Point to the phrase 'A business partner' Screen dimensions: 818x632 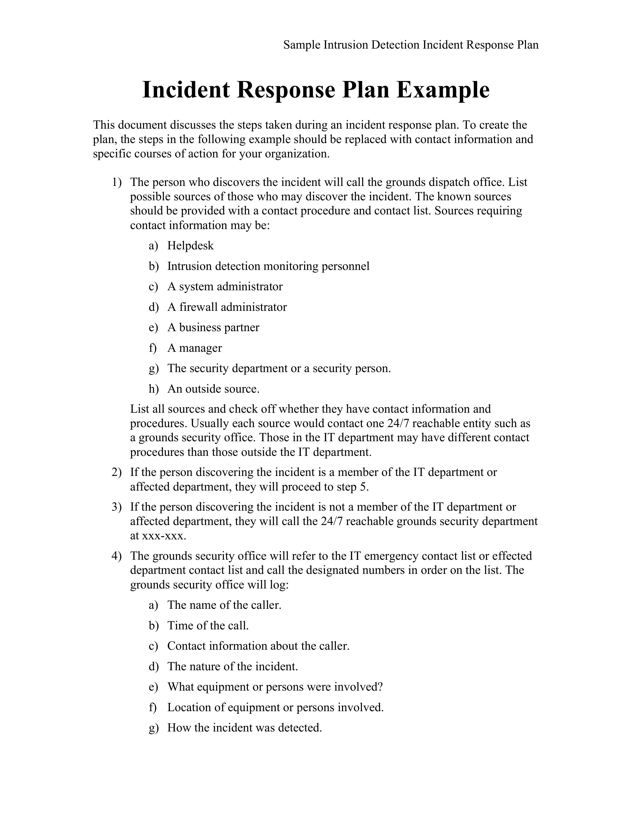click(x=213, y=328)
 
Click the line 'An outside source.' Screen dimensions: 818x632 click(x=213, y=389)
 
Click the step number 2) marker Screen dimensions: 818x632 click(x=116, y=472)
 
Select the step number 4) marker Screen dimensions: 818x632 click(x=116, y=556)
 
